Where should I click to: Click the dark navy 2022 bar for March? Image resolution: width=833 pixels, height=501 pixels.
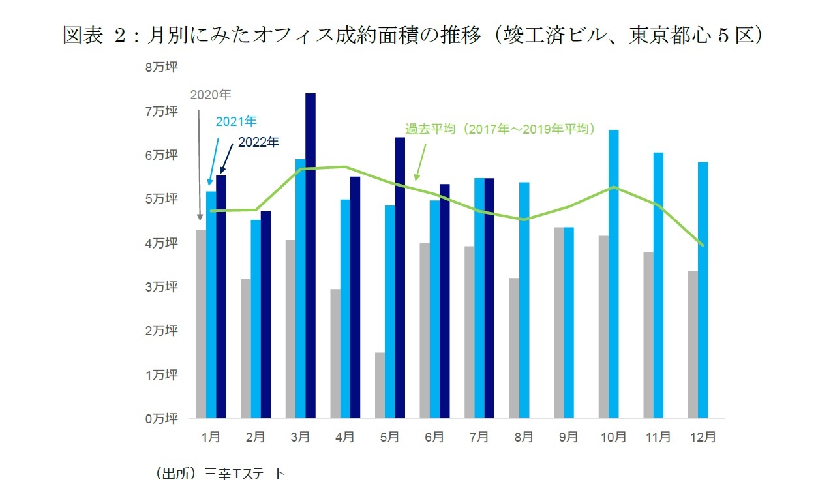tap(310, 255)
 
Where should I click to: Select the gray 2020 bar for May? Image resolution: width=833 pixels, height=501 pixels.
tap(380, 385)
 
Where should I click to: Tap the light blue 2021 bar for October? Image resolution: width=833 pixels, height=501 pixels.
tap(613, 274)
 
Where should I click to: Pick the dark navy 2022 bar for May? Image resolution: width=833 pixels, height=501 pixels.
tap(400, 277)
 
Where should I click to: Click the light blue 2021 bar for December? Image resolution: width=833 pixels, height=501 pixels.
tap(703, 290)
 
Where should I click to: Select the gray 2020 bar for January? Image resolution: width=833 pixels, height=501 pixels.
tap(202, 324)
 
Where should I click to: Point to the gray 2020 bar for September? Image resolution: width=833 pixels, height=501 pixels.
tap(559, 322)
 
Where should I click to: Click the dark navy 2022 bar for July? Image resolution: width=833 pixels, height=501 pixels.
tap(489, 297)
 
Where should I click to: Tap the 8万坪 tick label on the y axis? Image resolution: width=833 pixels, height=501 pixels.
tap(160, 67)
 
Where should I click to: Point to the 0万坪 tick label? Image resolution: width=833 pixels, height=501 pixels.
tap(160, 418)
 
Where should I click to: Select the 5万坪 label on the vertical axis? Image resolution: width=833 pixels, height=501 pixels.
tap(160, 199)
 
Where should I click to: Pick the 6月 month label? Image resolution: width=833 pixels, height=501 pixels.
tap(434, 437)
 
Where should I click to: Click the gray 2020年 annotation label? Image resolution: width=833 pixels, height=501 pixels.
tap(211, 95)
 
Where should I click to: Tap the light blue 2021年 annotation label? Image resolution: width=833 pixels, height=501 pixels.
tap(236, 121)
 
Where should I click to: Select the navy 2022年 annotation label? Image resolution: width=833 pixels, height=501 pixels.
tap(258, 142)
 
